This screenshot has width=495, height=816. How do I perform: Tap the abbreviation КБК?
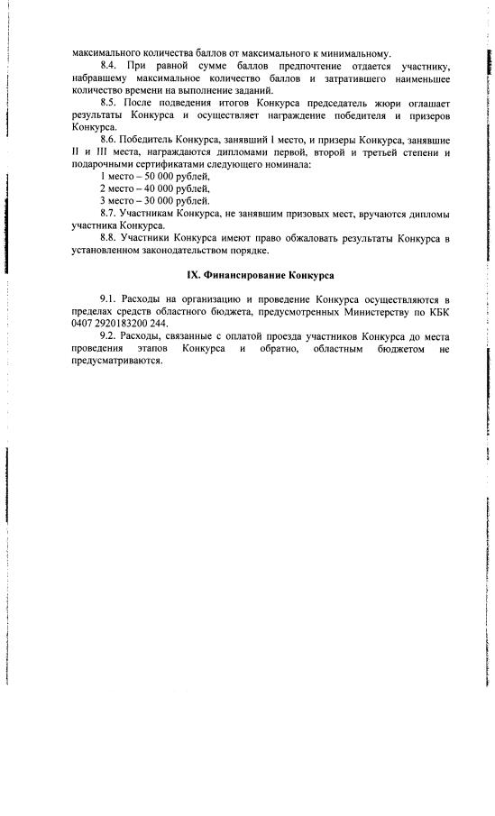[436, 311]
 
